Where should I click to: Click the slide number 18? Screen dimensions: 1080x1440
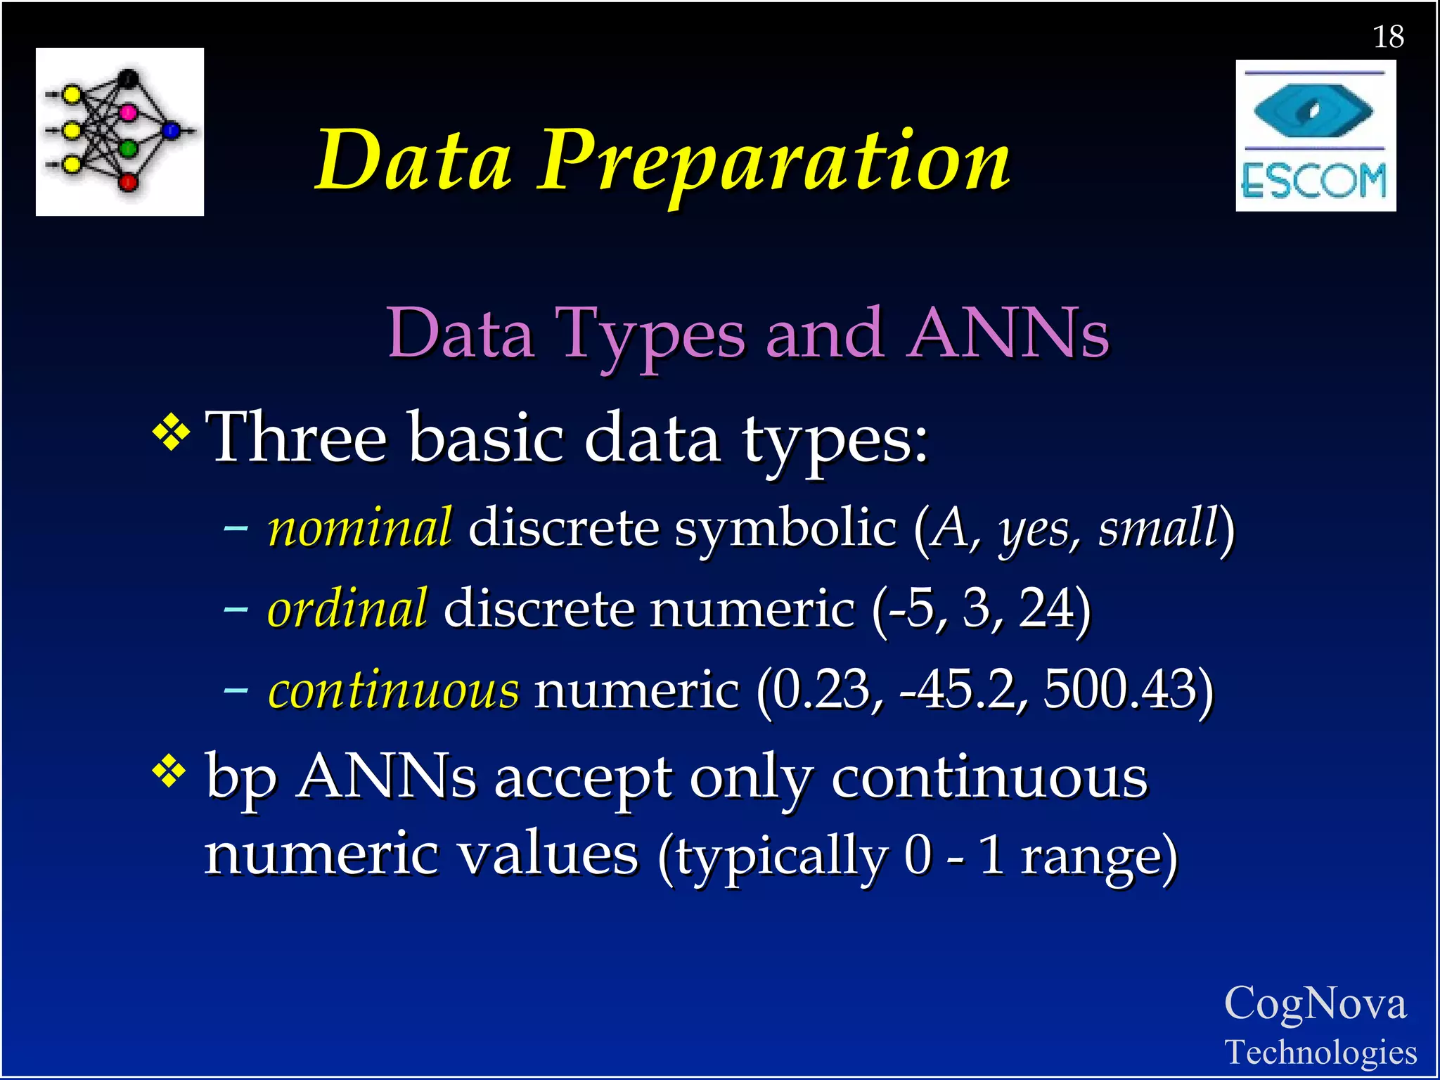[1389, 37]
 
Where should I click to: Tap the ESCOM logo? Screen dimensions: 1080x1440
[1316, 136]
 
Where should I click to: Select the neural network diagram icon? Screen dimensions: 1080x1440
[120, 131]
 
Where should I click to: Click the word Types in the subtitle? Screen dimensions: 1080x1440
[650, 334]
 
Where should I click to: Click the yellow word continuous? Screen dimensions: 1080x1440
[394, 690]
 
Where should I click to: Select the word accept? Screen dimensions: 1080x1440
[583, 778]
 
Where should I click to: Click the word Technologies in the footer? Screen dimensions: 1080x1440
[1320, 1053]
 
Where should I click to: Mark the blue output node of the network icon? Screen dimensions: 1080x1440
[171, 130]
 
